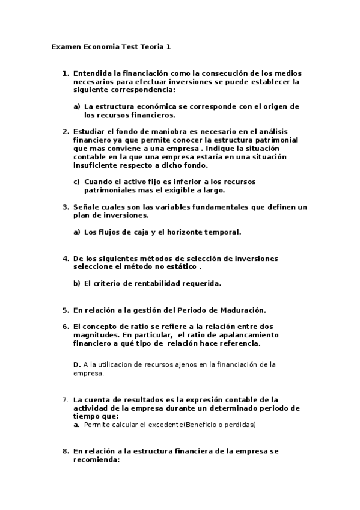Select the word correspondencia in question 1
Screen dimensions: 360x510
click(139, 90)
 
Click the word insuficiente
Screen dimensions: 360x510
click(96, 165)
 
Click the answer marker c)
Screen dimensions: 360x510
click(76, 182)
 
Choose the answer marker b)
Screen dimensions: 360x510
click(76, 283)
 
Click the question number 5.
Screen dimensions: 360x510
click(66, 310)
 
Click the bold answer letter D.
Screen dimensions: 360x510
click(76, 364)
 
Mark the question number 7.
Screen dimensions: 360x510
click(66, 399)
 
